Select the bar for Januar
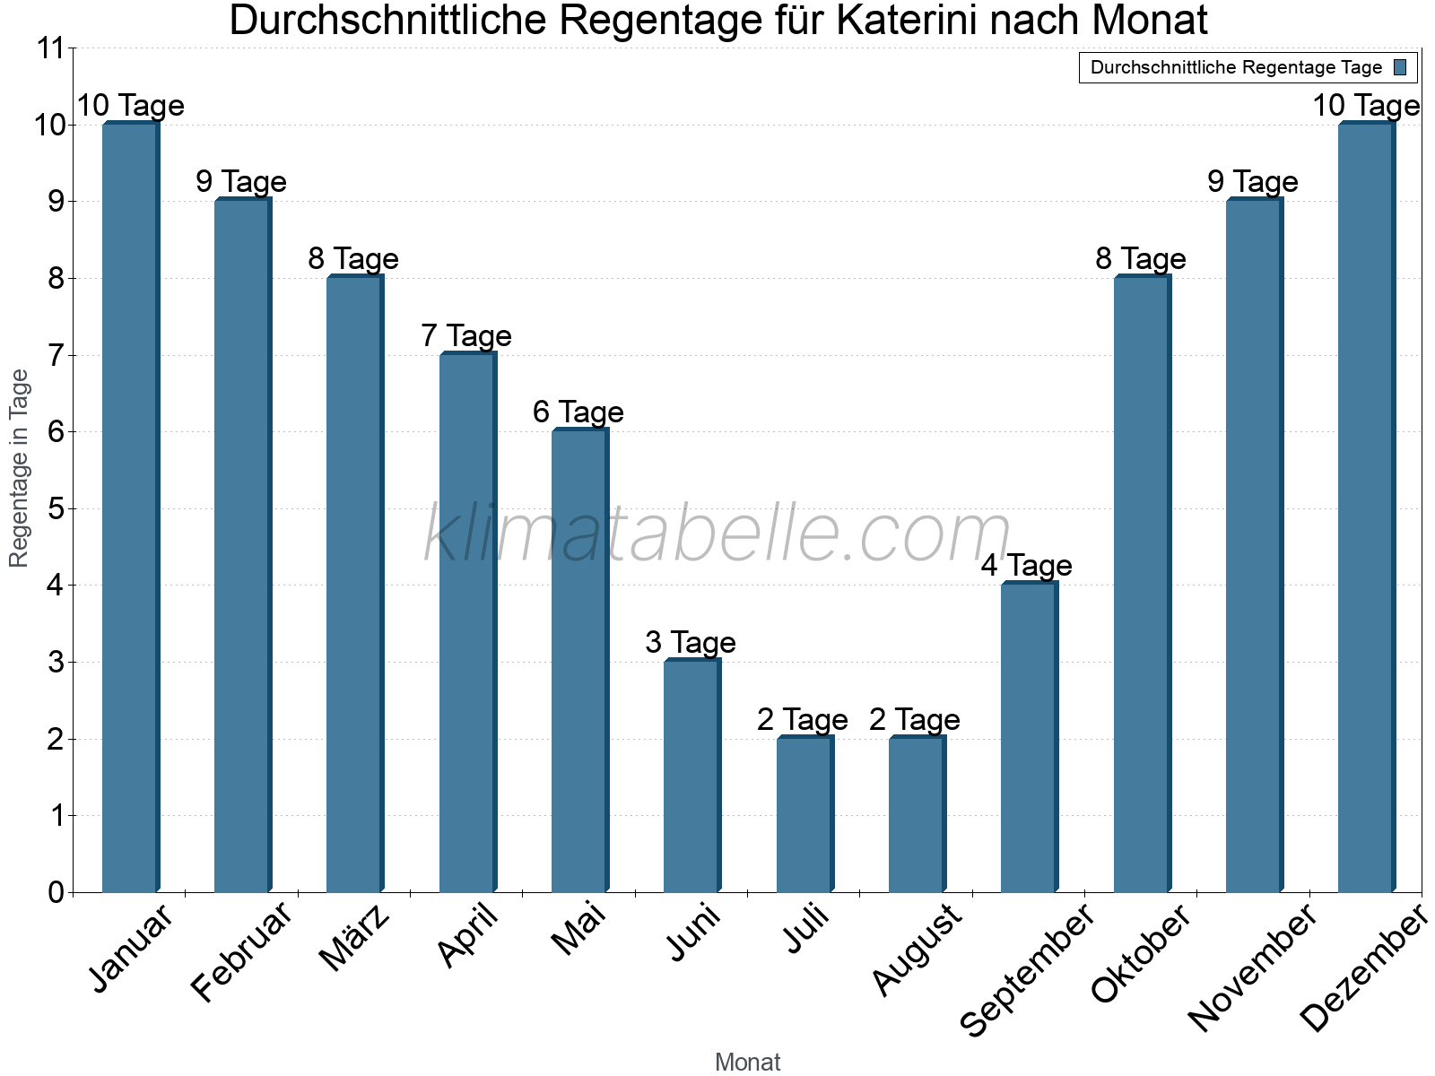(x=130, y=508)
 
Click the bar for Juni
(x=691, y=777)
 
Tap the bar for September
(x=1029, y=738)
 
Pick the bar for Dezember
(x=1366, y=508)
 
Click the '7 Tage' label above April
(x=466, y=336)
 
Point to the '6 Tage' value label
(x=578, y=412)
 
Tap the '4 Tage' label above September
(x=1027, y=566)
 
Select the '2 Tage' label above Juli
(x=803, y=720)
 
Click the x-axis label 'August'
(x=918, y=950)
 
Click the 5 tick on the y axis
(x=57, y=509)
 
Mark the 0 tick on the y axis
(x=57, y=892)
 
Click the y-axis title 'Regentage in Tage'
(x=20, y=468)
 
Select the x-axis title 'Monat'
(x=747, y=1063)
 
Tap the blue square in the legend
(x=1400, y=67)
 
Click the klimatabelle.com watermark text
(x=717, y=534)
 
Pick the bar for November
(x=1254, y=546)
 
